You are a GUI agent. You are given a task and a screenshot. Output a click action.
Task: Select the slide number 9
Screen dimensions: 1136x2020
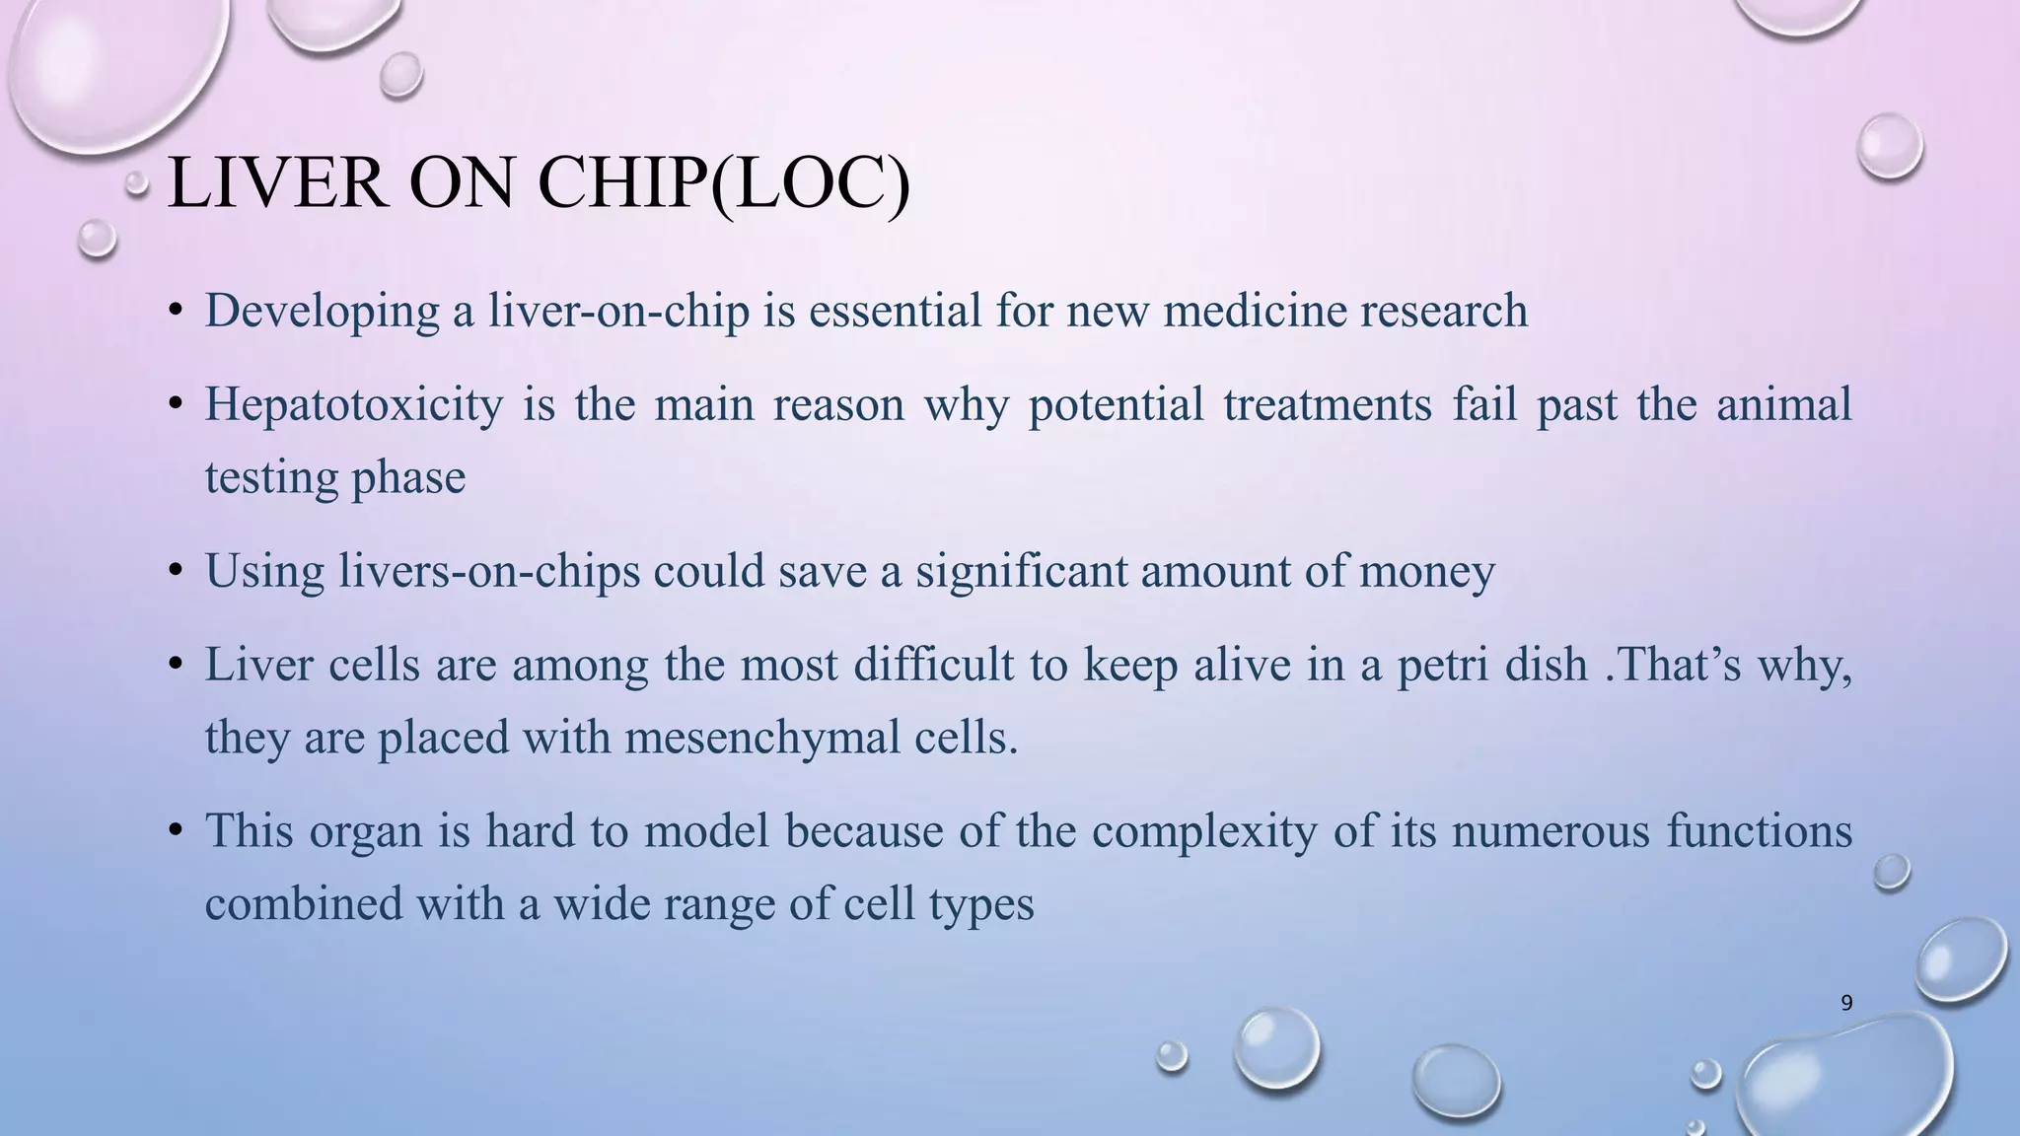[x=1846, y=1003]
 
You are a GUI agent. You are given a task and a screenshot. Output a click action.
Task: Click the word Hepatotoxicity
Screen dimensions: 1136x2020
[x=353, y=405]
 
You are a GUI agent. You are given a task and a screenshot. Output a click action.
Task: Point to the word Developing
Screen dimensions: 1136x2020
[x=322, y=312]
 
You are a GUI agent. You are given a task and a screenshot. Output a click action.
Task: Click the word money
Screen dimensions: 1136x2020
[x=1426, y=572]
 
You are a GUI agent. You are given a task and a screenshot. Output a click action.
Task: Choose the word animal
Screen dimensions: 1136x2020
[x=1783, y=405]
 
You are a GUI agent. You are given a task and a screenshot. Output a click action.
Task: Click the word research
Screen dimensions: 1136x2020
[x=1444, y=312]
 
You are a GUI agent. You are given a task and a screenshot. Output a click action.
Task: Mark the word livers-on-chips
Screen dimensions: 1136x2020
[x=489, y=572]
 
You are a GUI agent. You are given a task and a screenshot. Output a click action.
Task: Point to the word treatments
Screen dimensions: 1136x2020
[x=1327, y=405]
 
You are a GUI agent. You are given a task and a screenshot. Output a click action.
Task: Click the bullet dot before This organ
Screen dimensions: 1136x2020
[x=176, y=830]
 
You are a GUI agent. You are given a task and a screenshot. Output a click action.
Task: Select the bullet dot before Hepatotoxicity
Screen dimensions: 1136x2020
[x=176, y=404]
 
